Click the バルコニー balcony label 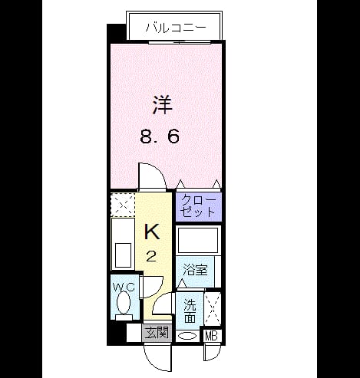[176, 28]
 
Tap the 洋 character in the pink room [163, 105]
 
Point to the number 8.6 [160, 136]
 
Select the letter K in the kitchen [152, 232]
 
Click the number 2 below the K [151, 256]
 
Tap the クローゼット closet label [199, 206]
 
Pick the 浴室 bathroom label [195, 269]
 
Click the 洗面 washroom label [190, 311]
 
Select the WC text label [124, 288]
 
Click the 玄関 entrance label [157, 333]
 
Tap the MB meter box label [212, 336]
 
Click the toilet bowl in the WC [124, 303]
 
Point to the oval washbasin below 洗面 [187, 336]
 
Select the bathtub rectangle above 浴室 [198, 240]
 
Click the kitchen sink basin [123, 255]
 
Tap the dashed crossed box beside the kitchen [123, 205]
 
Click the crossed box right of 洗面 [213, 309]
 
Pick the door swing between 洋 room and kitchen [152, 176]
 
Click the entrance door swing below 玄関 [157, 357]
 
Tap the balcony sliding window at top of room [180, 42]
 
